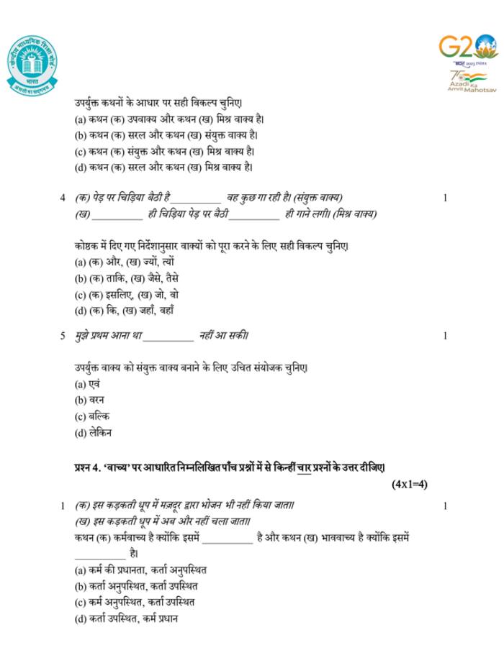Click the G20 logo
click(467, 48)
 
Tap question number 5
click(63, 335)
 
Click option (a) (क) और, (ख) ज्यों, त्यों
click(124, 262)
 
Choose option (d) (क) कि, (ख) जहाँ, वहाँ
click(125, 311)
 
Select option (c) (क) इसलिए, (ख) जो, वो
click(127, 294)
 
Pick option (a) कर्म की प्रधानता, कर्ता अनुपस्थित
click(140, 570)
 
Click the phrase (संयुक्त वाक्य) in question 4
click(318, 197)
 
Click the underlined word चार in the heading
click(304, 467)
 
